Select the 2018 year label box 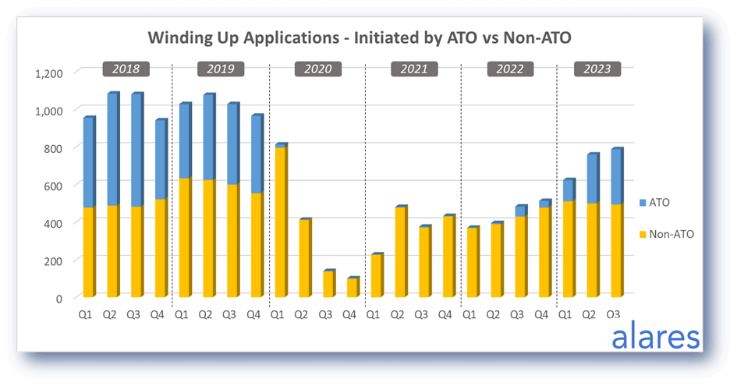[x=126, y=69]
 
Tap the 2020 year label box [x=317, y=69]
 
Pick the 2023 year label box [x=597, y=69]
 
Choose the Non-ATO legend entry [x=668, y=232]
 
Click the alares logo [x=655, y=338]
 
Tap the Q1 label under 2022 [x=469, y=315]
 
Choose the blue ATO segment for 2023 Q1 [x=568, y=190]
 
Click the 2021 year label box [x=414, y=69]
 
